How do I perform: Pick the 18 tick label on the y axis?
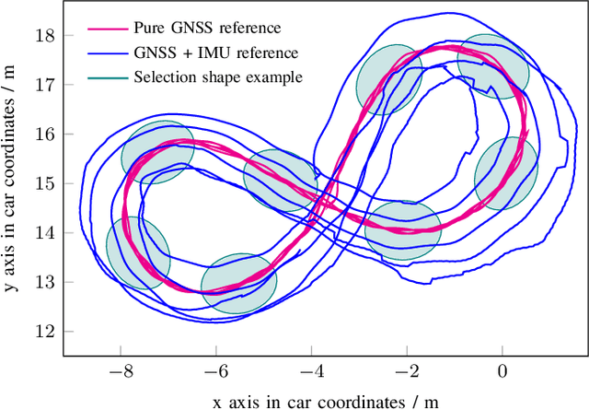click(44, 35)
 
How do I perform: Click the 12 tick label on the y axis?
click(44, 331)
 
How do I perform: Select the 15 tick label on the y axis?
click(44, 183)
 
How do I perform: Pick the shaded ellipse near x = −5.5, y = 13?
click(238, 285)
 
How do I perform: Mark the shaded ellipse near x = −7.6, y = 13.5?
click(138, 253)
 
